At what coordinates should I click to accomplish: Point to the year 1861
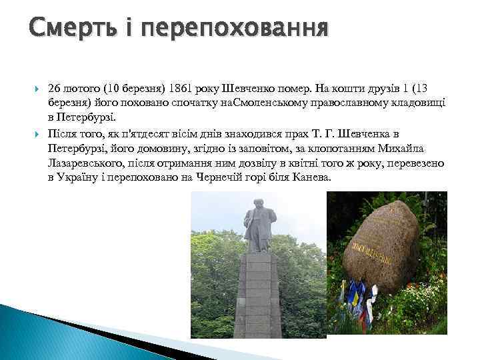[x=179, y=88]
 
